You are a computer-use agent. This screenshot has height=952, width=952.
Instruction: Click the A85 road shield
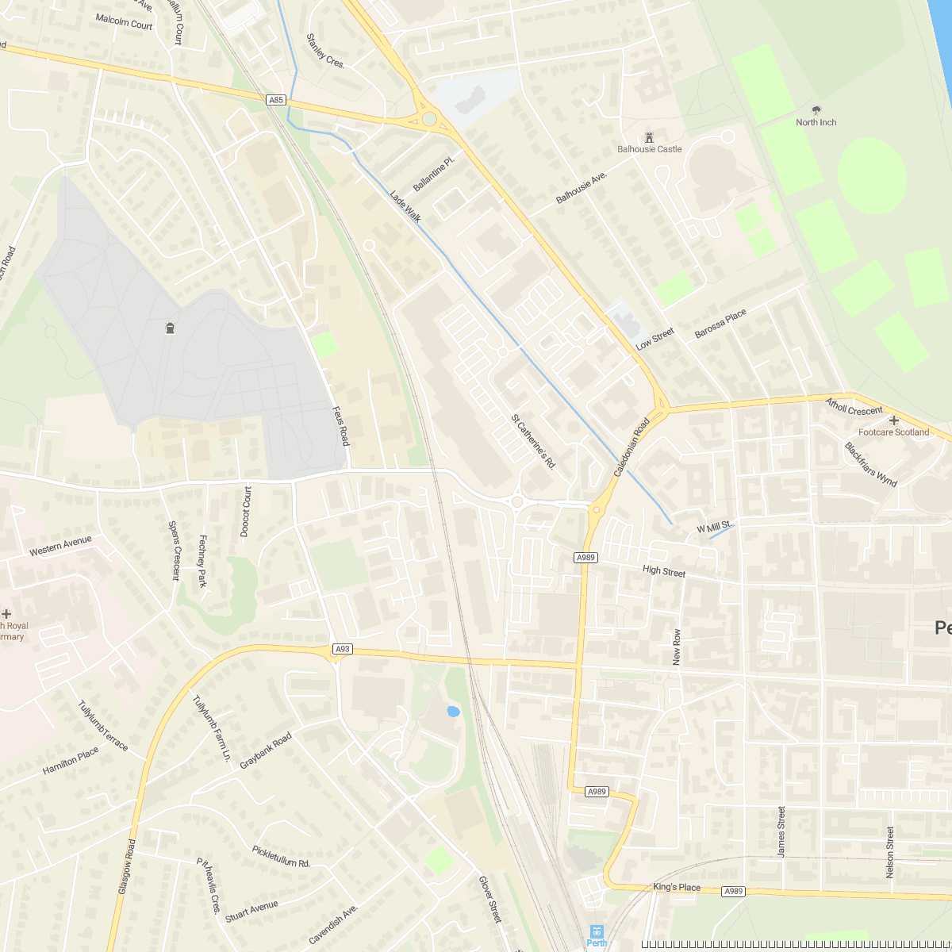[275, 100]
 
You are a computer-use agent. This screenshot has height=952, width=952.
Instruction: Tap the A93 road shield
[342, 649]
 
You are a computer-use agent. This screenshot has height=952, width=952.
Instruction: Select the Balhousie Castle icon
[649, 137]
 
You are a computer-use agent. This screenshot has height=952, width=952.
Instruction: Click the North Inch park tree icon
[816, 110]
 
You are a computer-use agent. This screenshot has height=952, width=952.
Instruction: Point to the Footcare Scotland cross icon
[894, 420]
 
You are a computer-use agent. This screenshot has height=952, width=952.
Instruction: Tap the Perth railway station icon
[597, 931]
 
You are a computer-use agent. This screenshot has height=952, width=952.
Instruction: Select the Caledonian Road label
[631, 447]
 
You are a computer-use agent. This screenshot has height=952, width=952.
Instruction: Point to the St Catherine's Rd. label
[533, 440]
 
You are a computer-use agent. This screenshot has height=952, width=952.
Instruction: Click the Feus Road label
[340, 424]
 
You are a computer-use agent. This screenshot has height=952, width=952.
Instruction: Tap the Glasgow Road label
[127, 867]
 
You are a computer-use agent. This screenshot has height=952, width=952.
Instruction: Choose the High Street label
[664, 571]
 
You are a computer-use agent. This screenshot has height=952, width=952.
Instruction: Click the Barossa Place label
[720, 324]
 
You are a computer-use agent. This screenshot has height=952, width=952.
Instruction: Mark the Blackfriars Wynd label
[870, 464]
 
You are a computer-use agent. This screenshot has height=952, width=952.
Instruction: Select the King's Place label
[677, 887]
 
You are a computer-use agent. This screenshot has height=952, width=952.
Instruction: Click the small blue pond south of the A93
[453, 712]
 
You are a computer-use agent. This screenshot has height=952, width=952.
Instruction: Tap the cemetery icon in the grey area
[170, 328]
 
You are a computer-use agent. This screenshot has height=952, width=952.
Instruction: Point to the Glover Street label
[490, 899]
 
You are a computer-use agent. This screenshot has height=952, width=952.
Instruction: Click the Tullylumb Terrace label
[103, 725]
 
